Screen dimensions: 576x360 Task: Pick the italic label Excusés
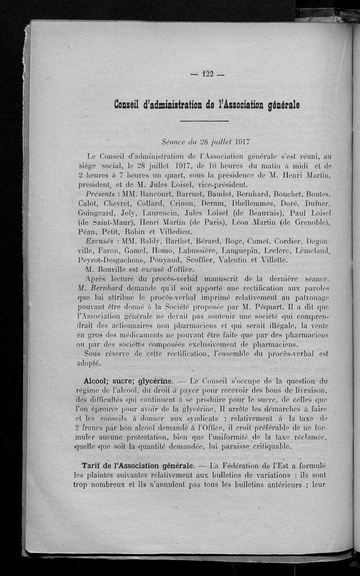click(100, 240)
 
